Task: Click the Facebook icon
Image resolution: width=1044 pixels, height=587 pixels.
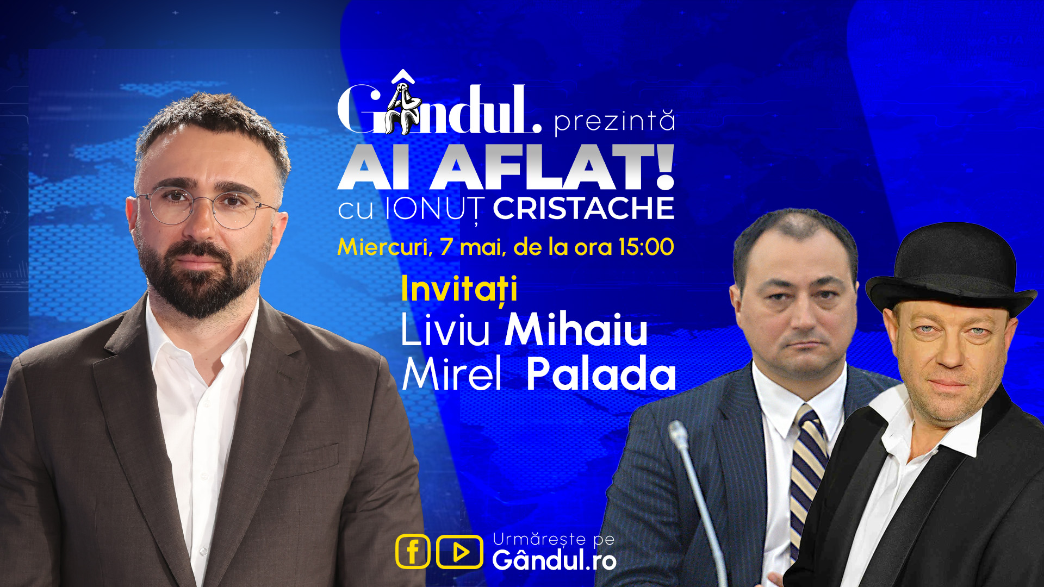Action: pyautogui.click(x=413, y=552)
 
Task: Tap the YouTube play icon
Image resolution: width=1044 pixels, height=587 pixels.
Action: pyautogui.click(x=459, y=552)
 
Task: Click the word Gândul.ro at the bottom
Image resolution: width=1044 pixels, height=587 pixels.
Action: pyautogui.click(x=554, y=560)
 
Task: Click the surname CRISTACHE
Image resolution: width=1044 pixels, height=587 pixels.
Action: pyautogui.click(x=583, y=208)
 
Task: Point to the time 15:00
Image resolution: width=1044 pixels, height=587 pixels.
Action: pyautogui.click(x=646, y=247)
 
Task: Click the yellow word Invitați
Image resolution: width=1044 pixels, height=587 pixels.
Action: pyautogui.click(x=459, y=289)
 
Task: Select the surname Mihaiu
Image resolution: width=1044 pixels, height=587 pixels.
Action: pyautogui.click(x=576, y=329)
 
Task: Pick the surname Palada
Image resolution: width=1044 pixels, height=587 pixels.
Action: pyautogui.click(x=601, y=374)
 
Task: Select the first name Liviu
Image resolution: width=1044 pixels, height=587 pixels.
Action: pyautogui.click(x=445, y=329)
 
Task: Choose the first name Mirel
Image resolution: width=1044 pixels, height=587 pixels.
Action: pyautogui.click(x=451, y=374)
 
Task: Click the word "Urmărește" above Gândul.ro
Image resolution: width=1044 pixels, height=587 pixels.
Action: pyautogui.click(x=539, y=539)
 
